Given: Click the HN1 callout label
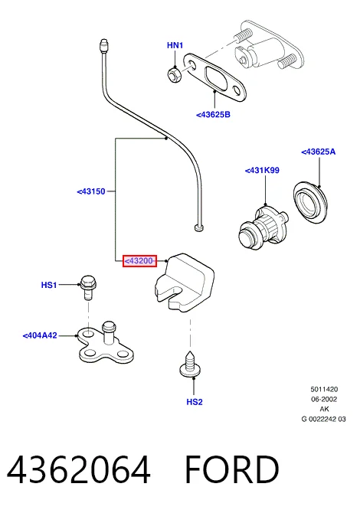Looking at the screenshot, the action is click(x=175, y=45).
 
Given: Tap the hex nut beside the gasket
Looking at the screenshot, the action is click(x=173, y=74).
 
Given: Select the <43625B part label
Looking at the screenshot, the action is click(x=213, y=115).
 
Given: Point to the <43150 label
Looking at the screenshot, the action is click(x=91, y=191).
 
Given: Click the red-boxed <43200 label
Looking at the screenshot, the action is click(x=139, y=261).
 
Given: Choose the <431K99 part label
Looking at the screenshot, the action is click(x=262, y=171).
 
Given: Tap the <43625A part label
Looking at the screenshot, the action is click(x=319, y=152).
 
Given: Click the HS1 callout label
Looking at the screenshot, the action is click(x=49, y=285).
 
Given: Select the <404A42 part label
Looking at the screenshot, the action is click(x=40, y=335).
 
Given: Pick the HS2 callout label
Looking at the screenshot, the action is click(x=195, y=402).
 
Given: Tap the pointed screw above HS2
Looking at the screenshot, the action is click(x=190, y=364).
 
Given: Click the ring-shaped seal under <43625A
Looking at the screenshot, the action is click(x=310, y=204).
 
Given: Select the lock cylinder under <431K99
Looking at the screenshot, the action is click(x=263, y=226).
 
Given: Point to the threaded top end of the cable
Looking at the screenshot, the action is click(x=103, y=46).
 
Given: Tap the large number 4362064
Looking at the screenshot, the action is click(x=79, y=469).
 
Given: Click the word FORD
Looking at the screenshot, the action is click(x=232, y=469).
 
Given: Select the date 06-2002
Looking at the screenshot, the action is click(x=324, y=399).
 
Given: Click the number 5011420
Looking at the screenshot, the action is click(x=324, y=389).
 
